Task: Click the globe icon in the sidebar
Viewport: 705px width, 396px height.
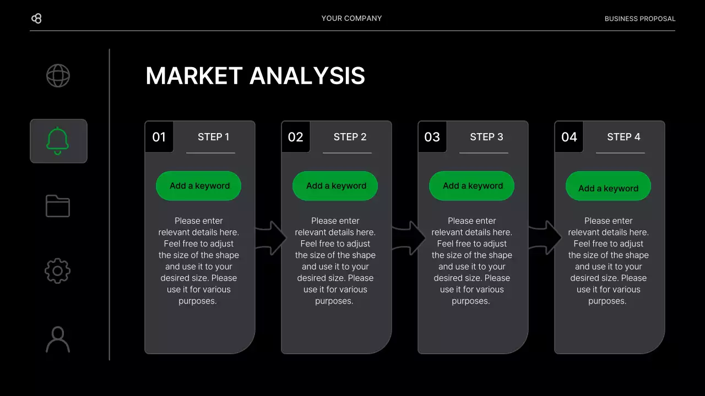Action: [58, 76]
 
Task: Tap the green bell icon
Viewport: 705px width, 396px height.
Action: [58, 141]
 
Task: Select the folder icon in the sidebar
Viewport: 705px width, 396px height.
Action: [58, 206]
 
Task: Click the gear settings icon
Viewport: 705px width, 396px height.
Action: [58, 271]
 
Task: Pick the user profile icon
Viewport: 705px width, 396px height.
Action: [58, 339]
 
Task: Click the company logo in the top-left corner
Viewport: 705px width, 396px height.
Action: [36, 19]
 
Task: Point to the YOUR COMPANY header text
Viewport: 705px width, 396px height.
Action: [351, 19]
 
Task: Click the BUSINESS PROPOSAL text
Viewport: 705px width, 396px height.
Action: [639, 19]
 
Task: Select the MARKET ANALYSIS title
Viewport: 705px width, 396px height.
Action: [255, 76]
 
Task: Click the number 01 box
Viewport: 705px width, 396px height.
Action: [159, 137]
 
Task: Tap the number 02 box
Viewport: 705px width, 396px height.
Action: [296, 137]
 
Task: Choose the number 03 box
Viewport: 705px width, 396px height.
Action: [432, 137]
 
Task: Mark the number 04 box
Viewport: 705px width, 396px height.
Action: [569, 137]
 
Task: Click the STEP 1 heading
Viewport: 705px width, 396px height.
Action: [213, 137]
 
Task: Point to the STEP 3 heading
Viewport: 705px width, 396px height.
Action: [486, 137]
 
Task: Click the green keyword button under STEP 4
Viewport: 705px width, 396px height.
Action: [608, 187]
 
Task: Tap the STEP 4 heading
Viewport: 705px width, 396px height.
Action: [623, 137]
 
